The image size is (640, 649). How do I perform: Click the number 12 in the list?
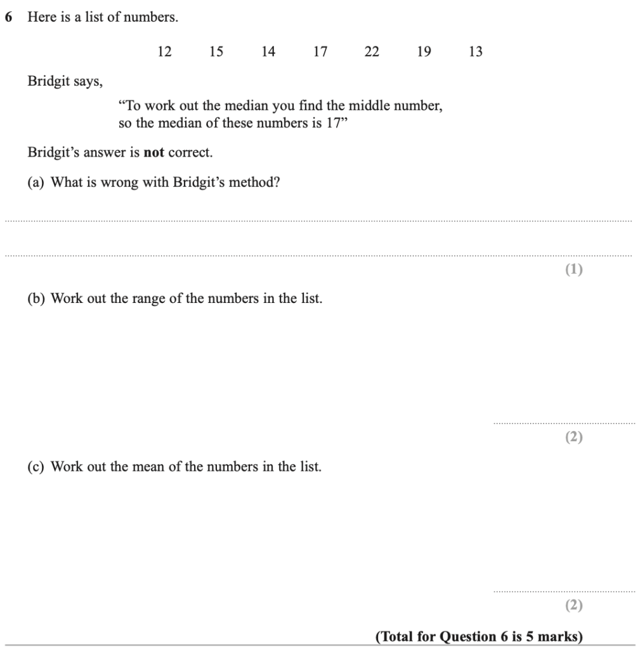(x=164, y=52)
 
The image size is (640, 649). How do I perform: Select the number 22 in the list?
(x=372, y=52)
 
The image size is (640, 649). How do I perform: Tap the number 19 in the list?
(x=424, y=52)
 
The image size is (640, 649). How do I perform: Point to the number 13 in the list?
(x=475, y=52)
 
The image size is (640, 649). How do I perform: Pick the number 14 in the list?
(x=268, y=52)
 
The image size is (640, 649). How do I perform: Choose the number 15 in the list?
(x=216, y=52)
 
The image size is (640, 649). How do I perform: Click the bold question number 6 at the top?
(x=8, y=18)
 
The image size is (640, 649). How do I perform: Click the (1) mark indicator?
(x=574, y=270)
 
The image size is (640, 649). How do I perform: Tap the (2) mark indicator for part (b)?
(x=574, y=437)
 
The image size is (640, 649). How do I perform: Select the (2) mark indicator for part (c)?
(x=574, y=606)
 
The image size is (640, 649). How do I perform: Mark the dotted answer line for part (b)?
(x=563, y=423)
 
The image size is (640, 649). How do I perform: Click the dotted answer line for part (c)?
(x=563, y=591)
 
